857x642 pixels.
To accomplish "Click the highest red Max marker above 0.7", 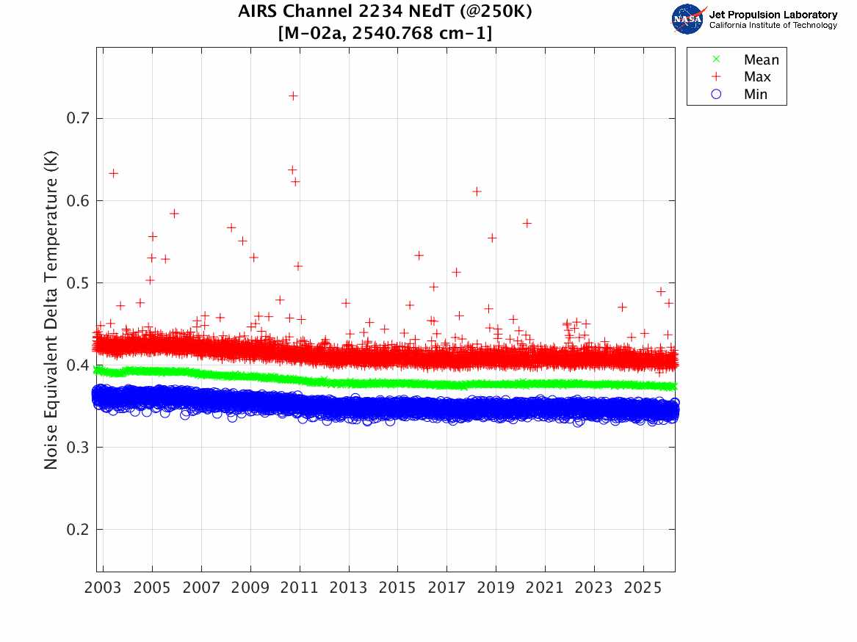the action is [293, 96].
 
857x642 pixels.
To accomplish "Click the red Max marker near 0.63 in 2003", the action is [113, 174].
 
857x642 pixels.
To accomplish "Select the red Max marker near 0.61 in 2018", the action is [477, 191].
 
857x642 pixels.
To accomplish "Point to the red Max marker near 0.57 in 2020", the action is [527, 223].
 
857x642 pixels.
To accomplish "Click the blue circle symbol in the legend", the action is [716, 95].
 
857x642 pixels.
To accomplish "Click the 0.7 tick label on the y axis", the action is [78, 118].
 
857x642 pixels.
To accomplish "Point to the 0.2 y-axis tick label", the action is [78, 530].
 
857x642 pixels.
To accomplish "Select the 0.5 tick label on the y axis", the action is [78, 282].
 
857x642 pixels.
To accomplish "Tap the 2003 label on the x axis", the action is [103, 588].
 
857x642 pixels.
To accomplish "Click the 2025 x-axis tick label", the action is [643, 588].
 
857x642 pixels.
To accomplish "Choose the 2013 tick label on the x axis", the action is [348, 588].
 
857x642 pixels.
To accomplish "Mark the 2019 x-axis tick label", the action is [496, 588].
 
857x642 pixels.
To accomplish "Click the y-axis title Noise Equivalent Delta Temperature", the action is [51, 310].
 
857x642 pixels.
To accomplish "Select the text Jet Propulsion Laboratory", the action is [773, 15].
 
